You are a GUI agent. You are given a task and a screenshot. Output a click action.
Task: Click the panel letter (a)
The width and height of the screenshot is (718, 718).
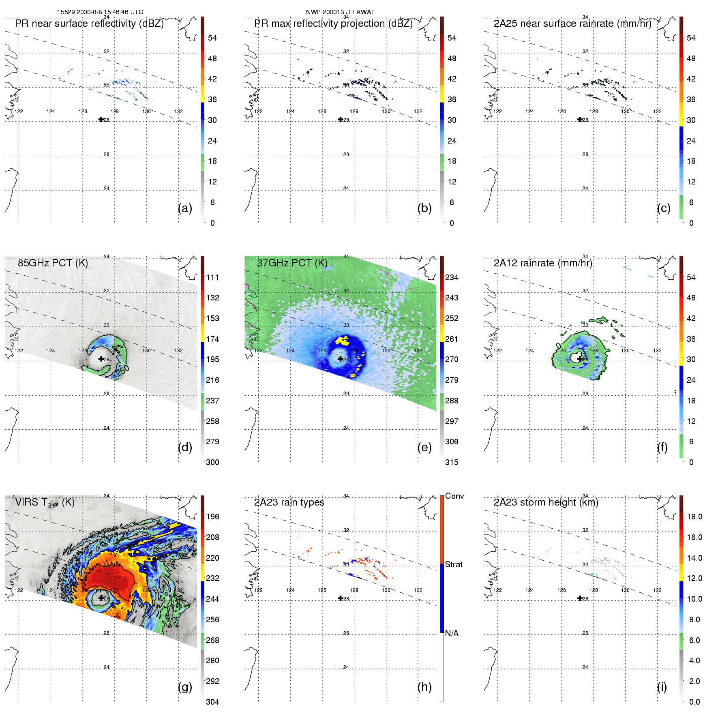(x=185, y=208)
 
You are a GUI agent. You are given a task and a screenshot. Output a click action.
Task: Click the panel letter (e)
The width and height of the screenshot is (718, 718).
(x=424, y=448)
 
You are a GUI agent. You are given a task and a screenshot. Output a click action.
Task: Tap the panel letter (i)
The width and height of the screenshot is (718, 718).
(x=662, y=687)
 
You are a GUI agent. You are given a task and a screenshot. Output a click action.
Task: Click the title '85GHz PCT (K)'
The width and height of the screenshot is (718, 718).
(x=53, y=263)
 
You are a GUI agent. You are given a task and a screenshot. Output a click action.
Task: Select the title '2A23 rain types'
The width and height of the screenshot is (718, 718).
(x=289, y=502)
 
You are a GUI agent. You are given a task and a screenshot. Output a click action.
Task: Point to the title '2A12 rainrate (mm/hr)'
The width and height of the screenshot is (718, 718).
(x=543, y=263)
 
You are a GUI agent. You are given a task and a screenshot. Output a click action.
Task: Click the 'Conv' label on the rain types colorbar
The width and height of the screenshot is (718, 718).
(x=454, y=496)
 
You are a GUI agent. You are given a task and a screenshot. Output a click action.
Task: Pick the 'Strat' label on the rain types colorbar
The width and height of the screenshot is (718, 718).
(x=454, y=564)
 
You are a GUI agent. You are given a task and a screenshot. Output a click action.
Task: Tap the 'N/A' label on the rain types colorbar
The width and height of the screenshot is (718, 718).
(x=452, y=633)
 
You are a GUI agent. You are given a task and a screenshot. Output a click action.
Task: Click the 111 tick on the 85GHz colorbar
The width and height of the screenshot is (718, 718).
(x=212, y=277)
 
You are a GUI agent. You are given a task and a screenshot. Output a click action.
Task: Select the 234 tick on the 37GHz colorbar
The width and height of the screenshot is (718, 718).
(x=452, y=277)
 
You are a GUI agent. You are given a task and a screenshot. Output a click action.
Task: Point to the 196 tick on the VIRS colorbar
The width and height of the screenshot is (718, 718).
(x=212, y=517)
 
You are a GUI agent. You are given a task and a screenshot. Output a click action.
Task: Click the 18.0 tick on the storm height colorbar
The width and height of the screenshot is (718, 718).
(x=694, y=517)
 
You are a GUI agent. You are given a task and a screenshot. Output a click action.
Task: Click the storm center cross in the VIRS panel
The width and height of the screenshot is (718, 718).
(x=101, y=598)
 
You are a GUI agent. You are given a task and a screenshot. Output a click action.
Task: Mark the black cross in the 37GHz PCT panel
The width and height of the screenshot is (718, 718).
(x=340, y=359)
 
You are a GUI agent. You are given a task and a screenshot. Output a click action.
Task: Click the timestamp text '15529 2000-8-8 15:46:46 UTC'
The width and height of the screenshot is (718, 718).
(x=100, y=12)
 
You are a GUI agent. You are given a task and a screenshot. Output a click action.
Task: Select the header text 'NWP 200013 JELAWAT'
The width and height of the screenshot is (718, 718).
(x=340, y=12)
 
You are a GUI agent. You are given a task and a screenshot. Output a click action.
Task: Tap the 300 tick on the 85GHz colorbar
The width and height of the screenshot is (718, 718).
(x=212, y=462)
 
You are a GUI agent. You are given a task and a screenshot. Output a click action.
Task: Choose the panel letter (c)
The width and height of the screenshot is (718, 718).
(x=664, y=208)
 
